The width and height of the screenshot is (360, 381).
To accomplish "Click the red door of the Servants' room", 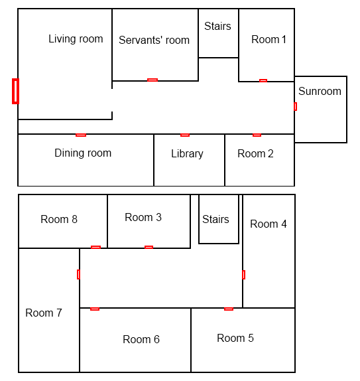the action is (x=152, y=80).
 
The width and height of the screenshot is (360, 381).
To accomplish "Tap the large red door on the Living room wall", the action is (x=15, y=91).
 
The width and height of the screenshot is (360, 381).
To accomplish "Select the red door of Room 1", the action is (x=263, y=81).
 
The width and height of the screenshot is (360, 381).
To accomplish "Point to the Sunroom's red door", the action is (x=296, y=106).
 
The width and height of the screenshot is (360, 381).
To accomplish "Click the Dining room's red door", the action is (x=81, y=135).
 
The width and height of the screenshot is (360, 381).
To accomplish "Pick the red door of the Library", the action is (x=185, y=135).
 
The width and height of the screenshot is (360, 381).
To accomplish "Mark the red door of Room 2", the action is (x=257, y=135).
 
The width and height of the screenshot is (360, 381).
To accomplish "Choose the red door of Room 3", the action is (x=149, y=248).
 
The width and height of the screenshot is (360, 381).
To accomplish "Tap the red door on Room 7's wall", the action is (x=78, y=274).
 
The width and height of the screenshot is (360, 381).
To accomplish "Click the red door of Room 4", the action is (x=244, y=275).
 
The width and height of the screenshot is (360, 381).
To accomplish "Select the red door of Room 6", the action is (x=95, y=309).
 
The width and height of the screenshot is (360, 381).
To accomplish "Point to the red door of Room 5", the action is (x=229, y=309).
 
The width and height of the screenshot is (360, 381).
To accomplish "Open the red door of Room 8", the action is (x=95, y=248).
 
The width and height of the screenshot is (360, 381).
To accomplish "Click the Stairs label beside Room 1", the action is (x=217, y=26).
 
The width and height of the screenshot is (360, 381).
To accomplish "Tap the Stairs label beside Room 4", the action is (x=215, y=219).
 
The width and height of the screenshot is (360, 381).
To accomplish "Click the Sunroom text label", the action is (x=320, y=91).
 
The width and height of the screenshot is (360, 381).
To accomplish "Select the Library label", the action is (x=187, y=154).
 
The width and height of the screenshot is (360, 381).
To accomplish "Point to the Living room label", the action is (x=76, y=39).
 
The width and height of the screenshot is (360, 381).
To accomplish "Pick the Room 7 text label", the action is (x=44, y=313).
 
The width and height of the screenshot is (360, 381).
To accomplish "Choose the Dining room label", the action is (x=83, y=153).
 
